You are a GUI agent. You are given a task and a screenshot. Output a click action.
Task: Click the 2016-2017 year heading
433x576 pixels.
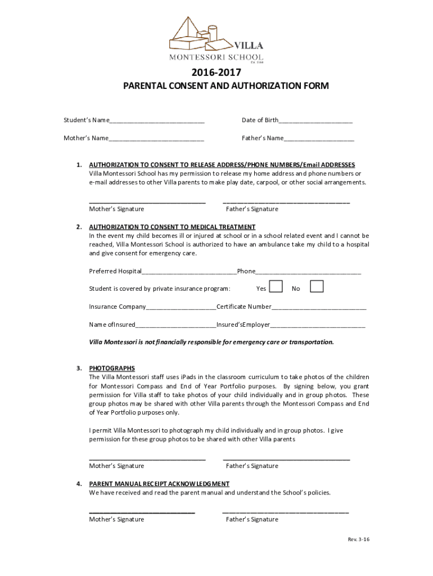click(216, 73)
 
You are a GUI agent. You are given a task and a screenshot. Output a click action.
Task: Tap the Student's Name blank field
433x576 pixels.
click(157, 121)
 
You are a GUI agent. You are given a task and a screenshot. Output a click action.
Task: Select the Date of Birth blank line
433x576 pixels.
click(315, 121)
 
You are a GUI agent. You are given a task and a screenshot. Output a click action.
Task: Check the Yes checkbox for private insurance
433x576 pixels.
click(276, 287)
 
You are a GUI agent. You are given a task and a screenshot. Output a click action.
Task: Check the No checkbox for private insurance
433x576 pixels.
click(317, 287)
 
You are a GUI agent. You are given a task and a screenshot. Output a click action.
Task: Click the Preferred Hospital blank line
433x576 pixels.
click(190, 272)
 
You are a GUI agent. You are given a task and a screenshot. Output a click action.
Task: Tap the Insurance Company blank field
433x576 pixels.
click(181, 308)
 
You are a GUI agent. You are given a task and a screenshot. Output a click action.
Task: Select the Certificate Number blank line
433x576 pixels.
click(319, 308)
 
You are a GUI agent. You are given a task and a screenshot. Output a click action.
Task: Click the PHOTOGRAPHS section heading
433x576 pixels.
click(112, 368)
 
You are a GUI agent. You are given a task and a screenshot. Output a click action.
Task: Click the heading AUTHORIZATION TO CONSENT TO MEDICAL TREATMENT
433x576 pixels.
click(172, 227)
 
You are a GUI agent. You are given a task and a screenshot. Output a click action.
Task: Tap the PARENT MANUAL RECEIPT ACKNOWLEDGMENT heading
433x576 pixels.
click(159, 484)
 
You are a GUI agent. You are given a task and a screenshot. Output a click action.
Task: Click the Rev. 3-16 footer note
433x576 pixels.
click(358, 539)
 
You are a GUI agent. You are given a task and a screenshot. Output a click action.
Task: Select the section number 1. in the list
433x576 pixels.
click(79, 165)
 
